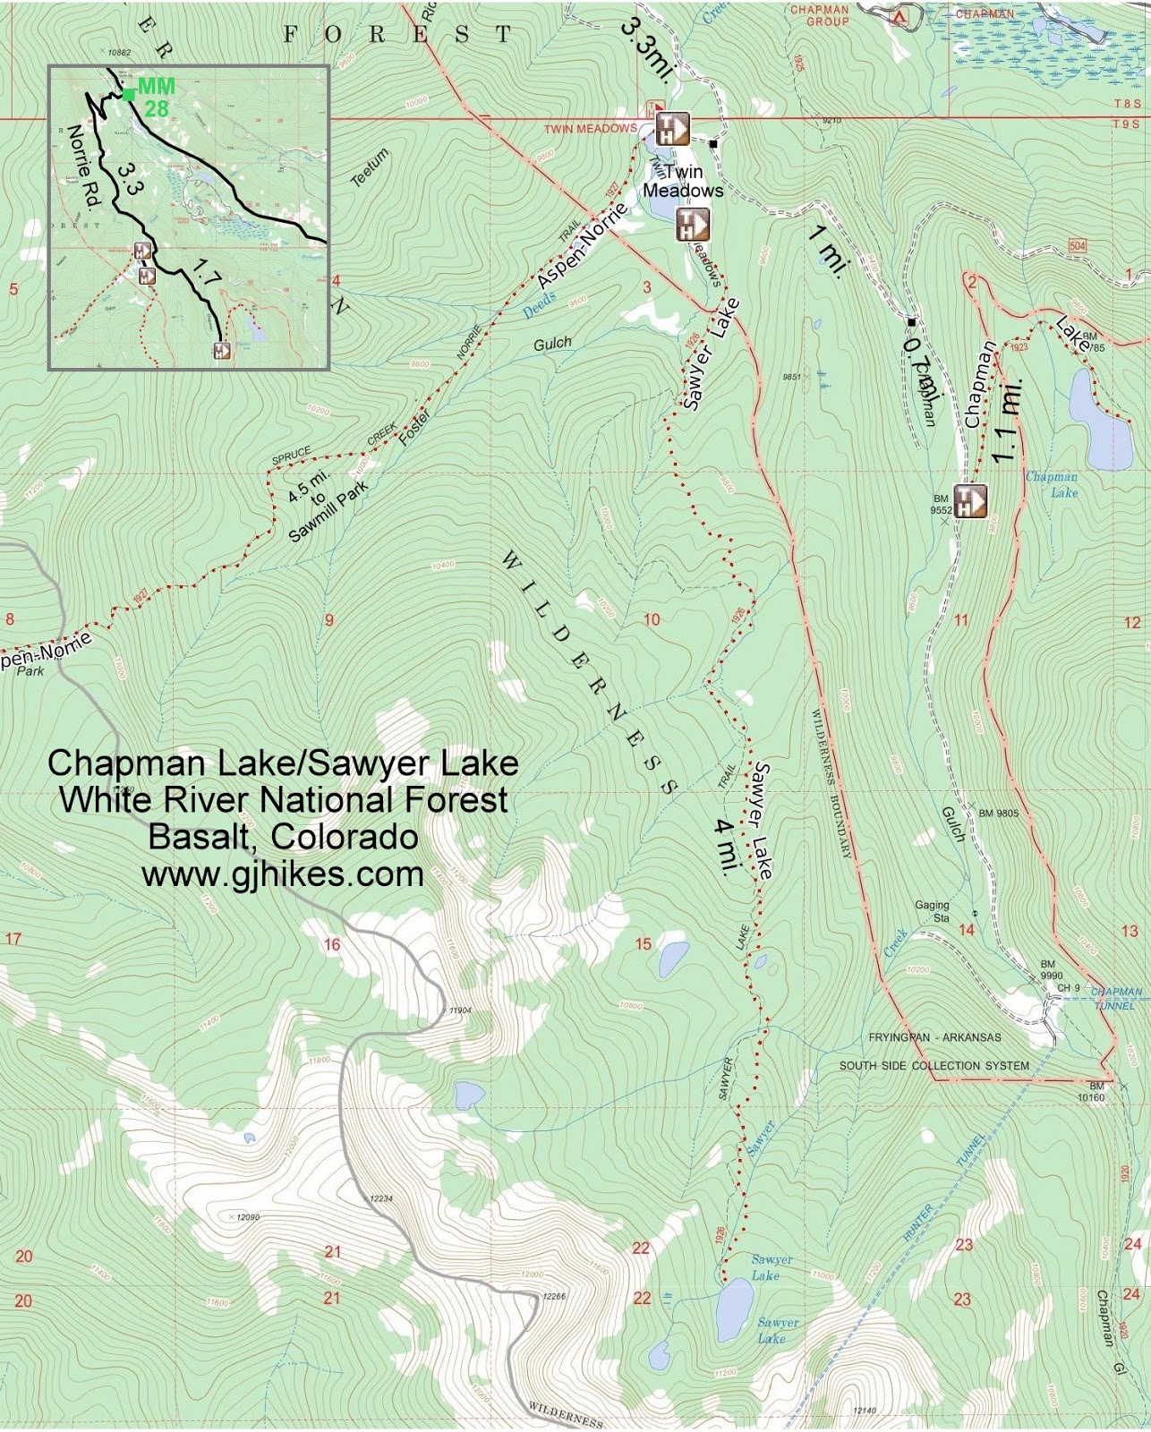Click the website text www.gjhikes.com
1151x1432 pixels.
point(283,874)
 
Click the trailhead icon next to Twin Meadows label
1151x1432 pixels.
point(692,225)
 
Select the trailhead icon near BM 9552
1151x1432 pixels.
point(969,501)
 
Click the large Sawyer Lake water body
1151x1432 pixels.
point(735,1309)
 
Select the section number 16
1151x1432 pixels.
point(332,944)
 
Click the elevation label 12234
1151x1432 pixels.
point(381,1198)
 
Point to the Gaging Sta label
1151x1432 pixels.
point(932,911)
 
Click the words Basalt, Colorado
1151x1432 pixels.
point(283,837)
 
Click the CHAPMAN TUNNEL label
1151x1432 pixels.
point(1115,998)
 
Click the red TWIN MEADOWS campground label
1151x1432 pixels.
point(591,129)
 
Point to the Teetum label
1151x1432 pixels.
point(370,167)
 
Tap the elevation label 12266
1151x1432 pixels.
point(554,1295)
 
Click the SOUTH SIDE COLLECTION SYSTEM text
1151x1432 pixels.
point(934,1065)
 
